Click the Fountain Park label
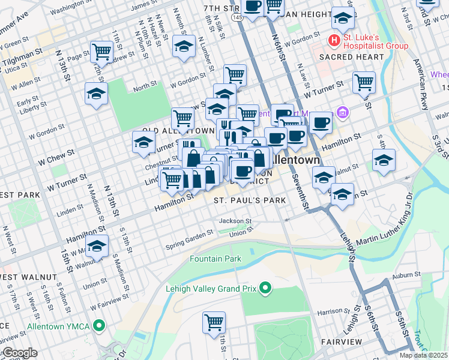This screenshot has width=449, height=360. click(215, 259)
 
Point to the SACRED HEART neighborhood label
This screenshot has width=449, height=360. click(351, 57)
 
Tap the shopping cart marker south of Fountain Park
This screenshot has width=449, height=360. click(214, 323)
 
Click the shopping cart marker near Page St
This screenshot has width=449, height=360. click(101, 52)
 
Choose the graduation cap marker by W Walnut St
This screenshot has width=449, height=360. click(97, 245)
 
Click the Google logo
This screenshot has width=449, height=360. click(19, 353)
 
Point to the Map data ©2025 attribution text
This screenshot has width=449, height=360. click(423, 355)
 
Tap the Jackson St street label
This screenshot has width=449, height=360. click(234, 221)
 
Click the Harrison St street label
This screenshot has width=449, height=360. click(330, 312)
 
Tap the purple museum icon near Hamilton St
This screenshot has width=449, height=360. click(343, 112)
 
